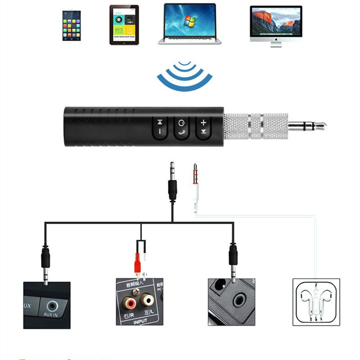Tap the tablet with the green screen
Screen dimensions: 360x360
(123, 25)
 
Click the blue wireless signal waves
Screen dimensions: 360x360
(184, 76)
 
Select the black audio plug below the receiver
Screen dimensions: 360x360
(172, 184)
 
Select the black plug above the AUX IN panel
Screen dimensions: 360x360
(45, 259)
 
